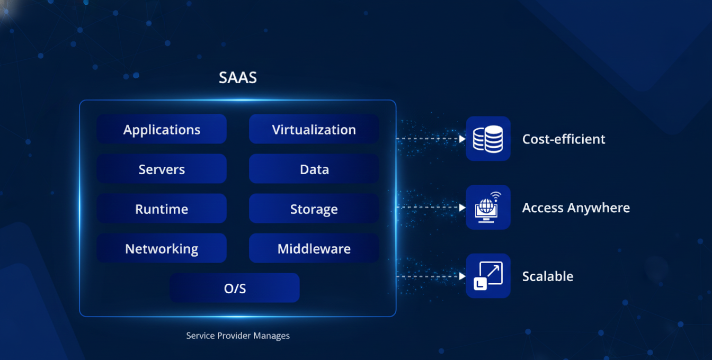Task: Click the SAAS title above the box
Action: coord(238,77)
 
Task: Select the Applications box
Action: coord(162,129)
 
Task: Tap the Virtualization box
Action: coord(314,129)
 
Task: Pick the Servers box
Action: coord(162,169)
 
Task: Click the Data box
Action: coord(314,169)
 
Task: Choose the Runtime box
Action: coord(162,209)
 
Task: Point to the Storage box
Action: coord(314,209)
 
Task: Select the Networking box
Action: coord(162,248)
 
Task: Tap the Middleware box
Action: coord(314,248)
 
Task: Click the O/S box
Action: coord(235,288)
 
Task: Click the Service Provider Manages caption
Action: coord(238,336)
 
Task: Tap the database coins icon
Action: coord(488,139)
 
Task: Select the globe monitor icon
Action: coord(488,207)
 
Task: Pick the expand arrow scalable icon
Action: coord(488,276)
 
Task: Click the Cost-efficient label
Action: coord(564,139)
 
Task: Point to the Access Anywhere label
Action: coord(576,208)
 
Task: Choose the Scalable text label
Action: coord(548,276)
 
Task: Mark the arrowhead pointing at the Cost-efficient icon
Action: coord(462,139)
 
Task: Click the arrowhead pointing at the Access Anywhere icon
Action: coord(462,208)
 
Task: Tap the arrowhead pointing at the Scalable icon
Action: coord(462,276)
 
